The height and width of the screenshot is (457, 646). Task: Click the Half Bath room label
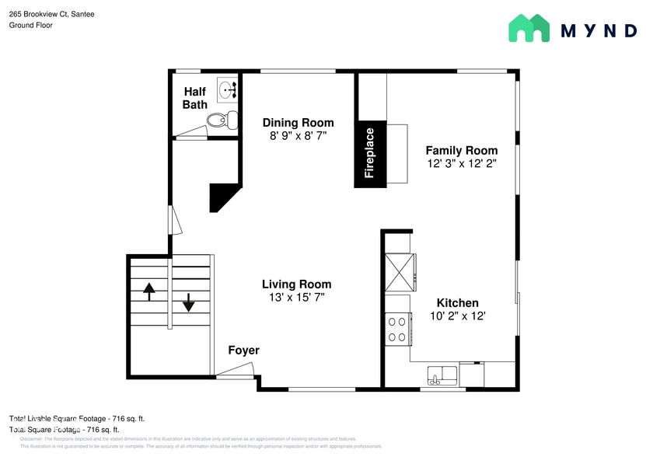(194, 98)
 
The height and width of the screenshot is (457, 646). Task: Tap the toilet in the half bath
(222, 120)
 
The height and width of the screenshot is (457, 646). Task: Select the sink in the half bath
(228, 89)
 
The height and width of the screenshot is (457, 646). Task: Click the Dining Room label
(298, 123)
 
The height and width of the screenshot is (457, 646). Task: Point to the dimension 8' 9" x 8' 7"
(298, 136)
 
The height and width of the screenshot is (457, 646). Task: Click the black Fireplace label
(370, 154)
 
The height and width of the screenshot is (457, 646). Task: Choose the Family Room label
(461, 150)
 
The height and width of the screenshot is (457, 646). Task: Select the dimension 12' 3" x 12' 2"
(461, 164)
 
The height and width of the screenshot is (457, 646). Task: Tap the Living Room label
(296, 284)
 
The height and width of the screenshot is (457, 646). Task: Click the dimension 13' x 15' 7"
(296, 298)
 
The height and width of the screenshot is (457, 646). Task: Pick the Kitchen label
(457, 303)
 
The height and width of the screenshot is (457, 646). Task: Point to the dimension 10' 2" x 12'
(457, 316)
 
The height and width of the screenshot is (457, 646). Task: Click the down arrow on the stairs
(188, 302)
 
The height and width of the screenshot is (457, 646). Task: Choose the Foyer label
(243, 351)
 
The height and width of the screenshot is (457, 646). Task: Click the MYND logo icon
(529, 29)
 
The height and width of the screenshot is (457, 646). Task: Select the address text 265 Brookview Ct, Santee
(51, 13)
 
